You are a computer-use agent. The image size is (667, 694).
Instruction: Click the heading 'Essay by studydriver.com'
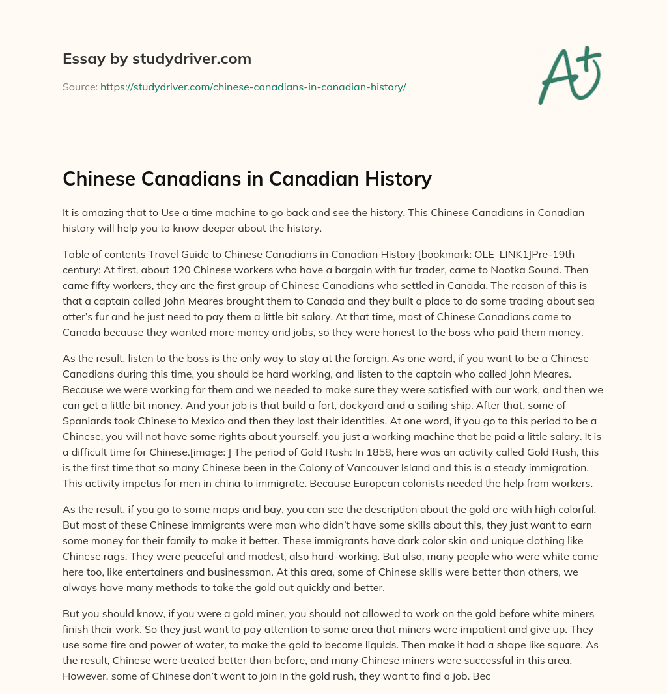(x=156, y=59)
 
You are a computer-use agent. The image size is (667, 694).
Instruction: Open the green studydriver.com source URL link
(x=253, y=87)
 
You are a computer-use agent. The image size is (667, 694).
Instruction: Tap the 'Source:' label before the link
(x=79, y=87)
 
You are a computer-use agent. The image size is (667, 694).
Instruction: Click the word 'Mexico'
(x=226, y=421)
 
